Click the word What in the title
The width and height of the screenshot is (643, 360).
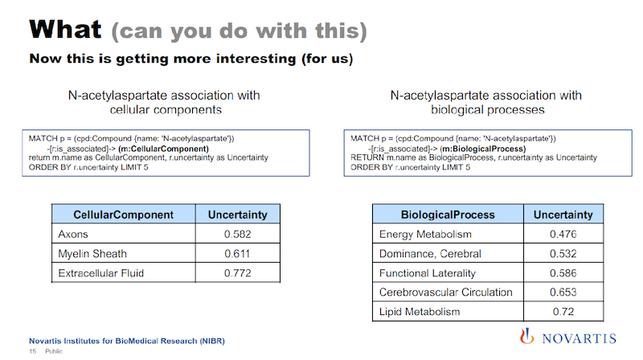[65, 30]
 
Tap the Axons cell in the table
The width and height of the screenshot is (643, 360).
[73, 234]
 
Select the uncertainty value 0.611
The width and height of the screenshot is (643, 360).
[237, 254]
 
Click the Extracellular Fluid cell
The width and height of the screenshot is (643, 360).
[101, 273]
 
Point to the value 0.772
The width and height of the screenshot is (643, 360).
[237, 273]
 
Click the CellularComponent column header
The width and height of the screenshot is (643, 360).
[124, 215]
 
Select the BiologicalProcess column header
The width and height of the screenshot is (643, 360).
[448, 215]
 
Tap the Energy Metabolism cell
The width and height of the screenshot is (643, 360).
[425, 234]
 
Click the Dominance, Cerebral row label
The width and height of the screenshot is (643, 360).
[430, 254]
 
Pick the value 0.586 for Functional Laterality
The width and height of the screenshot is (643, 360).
[563, 273]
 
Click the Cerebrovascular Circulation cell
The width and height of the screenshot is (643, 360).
[446, 292]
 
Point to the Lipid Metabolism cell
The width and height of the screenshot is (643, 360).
[420, 312]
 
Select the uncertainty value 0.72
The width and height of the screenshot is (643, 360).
[563, 312]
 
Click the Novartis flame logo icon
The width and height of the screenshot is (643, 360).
[527, 336]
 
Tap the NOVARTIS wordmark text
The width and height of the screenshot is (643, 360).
[579, 338]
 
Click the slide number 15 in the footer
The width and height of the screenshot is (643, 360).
[32, 351]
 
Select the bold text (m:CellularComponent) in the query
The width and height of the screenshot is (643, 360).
[163, 149]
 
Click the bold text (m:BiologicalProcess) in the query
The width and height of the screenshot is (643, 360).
[483, 149]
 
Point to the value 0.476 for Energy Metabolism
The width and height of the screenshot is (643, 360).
[563, 234]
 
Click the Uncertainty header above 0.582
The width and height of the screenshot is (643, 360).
[237, 215]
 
